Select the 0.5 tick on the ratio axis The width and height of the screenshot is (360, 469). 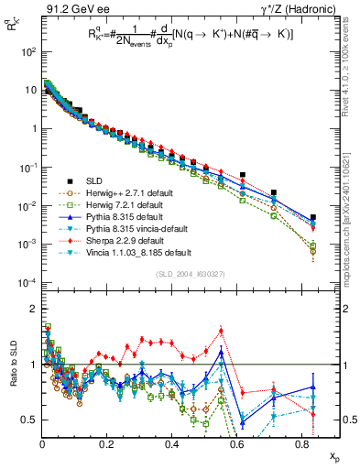point(29,420)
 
